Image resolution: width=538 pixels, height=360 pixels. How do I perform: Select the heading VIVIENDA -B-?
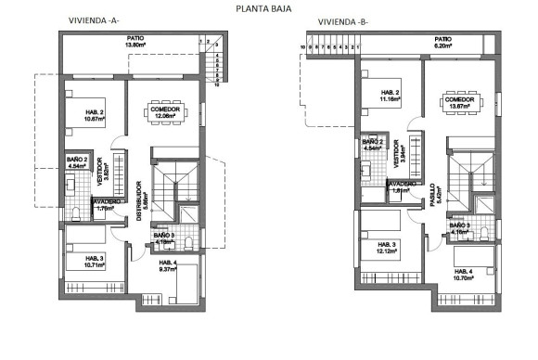(x=342, y=20)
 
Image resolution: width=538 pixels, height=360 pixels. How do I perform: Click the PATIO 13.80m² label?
(x=138, y=42)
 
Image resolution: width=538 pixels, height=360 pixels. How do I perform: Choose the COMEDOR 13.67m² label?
(x=458, y=103)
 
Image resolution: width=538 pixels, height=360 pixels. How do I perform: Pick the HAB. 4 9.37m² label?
(x=171, y=266)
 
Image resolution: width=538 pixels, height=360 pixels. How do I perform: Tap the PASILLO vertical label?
(x=432, y=194)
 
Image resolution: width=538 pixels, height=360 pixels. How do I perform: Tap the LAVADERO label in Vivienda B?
(x=401, y=186)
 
